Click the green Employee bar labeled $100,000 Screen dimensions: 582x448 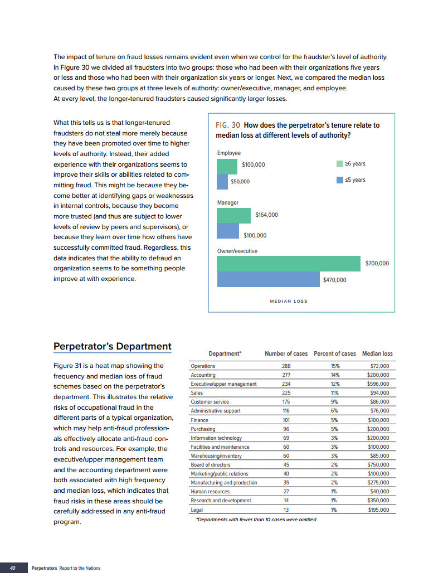pyautogui.click(x=227, y=166)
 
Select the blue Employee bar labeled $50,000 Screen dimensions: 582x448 pyautogui.click(x=222, y=182)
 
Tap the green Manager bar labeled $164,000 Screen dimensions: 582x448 pyautogui.click(x=234, y=215)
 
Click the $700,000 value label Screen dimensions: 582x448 pyautogui.click(x=377, y=263)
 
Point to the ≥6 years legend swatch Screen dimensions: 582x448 pyautogui.click(x=340, y=164)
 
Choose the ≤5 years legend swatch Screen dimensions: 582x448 pyautogui.click(x=340, y=180)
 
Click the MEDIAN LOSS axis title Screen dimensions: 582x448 pyautogui.click(x=289, y=301)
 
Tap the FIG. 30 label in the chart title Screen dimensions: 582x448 pyautogui.click(x=228, y=125)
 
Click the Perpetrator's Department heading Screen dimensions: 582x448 pyautogui.click(x=112, y=346)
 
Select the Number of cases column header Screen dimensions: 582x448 pyautogui.click(x=286, y=353)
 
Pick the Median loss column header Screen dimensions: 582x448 pyautogui.click(x=377, y=353)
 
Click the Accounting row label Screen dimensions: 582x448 pyautogui.click(x=203, y=375)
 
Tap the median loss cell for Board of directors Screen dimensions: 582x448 pyautogui.click(x=378, y=464)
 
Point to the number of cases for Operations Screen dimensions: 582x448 pyautogui.click(x=286, y=366)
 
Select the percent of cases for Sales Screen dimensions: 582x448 pyautogui.click(x=334, y=393)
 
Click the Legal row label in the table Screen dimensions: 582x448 pyautogui.click(x=197, y=510)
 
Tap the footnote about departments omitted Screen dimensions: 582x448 pyautogui.click(x=256, y=520)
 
